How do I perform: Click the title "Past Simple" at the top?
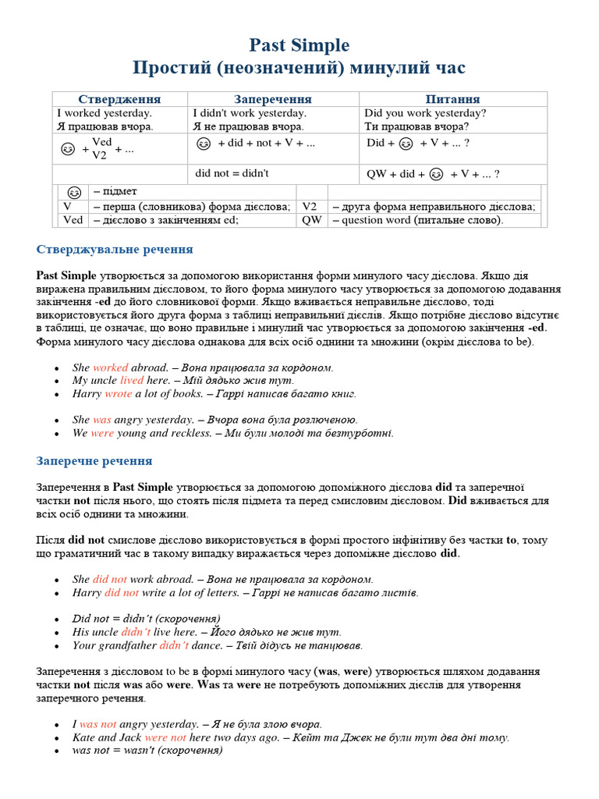[x=299, y=45]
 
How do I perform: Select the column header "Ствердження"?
[x=119, y=99]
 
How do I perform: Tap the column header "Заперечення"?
[x=273, y=99]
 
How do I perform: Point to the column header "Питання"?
[x=452, y=99]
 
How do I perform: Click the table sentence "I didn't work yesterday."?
[x=250, y=113]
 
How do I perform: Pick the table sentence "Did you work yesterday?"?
[x=425, y=113]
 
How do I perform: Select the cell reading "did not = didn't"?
[x=232, y=173]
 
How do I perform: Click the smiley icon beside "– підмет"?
[x=73, y=192]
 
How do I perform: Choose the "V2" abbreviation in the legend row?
[x=310, y=207]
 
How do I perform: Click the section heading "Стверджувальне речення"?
[x=115, y=250]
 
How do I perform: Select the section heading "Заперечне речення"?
[x=94, y=461]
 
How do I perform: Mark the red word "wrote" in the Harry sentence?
[x=118, y=394]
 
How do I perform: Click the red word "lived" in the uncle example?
[x=132, y=381]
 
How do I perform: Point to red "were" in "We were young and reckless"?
[x=102, y=433]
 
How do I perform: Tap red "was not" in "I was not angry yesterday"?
[x=97, y=724]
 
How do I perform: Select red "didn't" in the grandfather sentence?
[x=174, y=645]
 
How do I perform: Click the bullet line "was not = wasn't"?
[x=147, y=750]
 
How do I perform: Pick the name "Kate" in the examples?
[x=83, y=737]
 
